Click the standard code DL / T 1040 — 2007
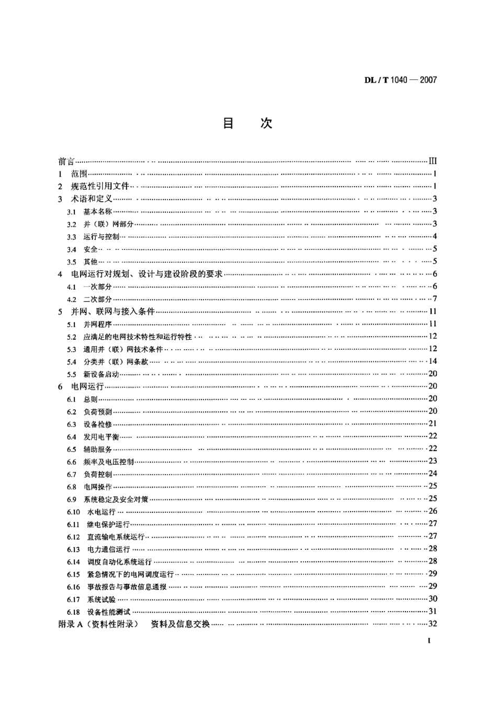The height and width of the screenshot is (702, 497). point(400,80)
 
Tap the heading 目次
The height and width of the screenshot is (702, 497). point(247,124)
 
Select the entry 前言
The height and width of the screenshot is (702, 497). point(66,162)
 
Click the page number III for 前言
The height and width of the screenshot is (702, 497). point(432,162)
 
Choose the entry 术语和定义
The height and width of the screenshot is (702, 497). point(92,199)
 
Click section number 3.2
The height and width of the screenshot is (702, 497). point(72,224)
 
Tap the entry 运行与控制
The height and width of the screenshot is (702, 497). point(101,237)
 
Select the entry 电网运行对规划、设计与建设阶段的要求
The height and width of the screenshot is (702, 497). point(147,274)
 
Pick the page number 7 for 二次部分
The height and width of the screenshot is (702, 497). point(434,299)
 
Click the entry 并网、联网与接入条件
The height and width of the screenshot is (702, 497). point(113,312)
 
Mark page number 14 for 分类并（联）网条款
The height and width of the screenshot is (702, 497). point(432,361)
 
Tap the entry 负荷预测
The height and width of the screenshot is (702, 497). point(98,412)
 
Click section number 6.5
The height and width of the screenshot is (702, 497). point(72,450)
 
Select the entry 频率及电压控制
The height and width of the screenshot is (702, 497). point(109,462)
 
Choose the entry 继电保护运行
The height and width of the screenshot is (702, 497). point(108,524)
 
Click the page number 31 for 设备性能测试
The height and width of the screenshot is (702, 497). point(432,611)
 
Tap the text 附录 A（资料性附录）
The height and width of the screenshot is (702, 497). point(98,624)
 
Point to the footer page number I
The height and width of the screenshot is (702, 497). point(429,641)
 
